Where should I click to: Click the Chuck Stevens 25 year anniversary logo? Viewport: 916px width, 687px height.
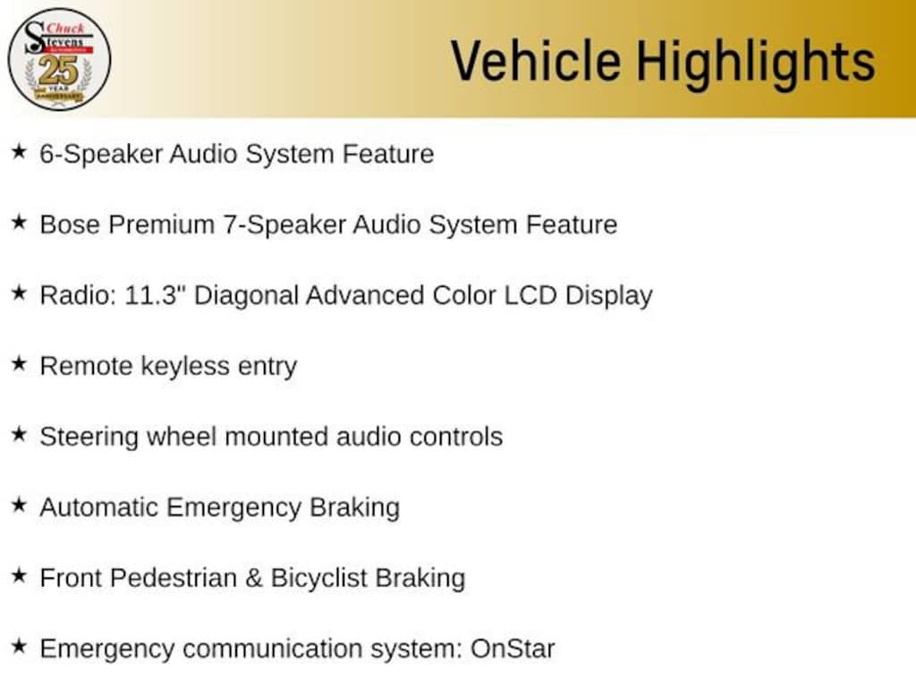[59, 59]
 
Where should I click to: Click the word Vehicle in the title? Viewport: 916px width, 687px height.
[536, 61]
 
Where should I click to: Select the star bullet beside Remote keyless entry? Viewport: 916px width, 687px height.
[19, 363]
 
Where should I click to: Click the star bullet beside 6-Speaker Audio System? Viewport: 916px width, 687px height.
[19, 151]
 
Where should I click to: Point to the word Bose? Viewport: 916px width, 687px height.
[70, 225]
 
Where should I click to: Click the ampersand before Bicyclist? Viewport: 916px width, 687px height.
[253, 579]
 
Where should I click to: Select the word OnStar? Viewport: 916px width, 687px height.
[513, 649]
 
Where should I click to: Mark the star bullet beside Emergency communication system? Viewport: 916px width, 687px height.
[19, 646]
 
